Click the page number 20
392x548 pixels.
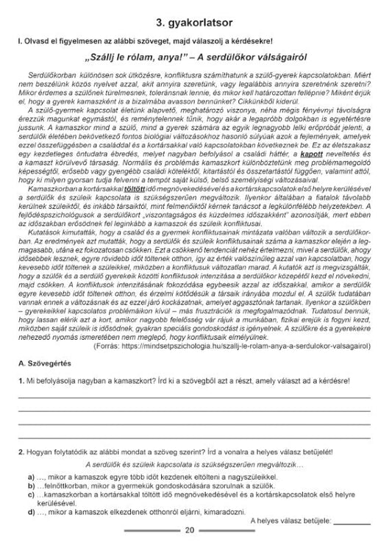tap(190, 530)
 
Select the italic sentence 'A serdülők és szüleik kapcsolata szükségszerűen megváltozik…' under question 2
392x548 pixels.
tap(195, 464)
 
